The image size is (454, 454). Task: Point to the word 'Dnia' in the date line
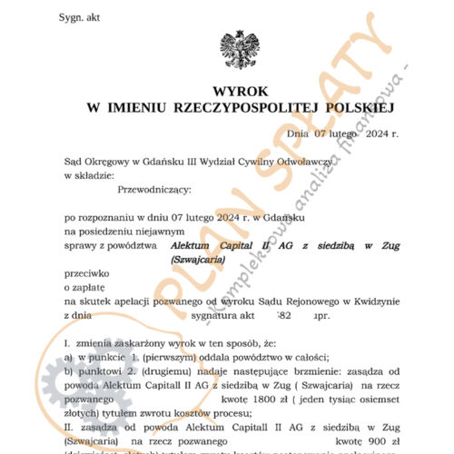point(298,133)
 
